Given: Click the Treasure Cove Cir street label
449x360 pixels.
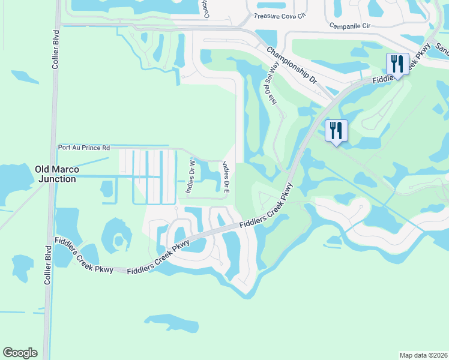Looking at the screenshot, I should tap(280, 17).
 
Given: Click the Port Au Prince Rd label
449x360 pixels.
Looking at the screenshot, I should tap(84, 147).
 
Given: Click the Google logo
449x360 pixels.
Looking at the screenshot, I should tap(20, 353).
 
